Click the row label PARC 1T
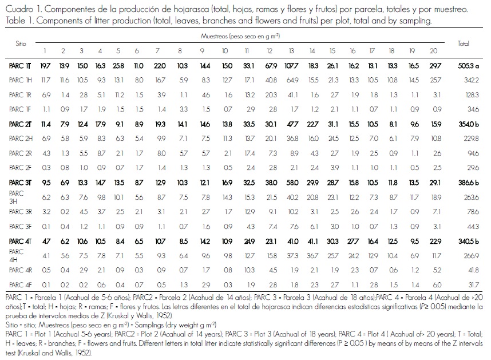(21, 66)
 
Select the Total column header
(464, 43)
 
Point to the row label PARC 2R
(21, 153)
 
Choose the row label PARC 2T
(21, 124)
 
